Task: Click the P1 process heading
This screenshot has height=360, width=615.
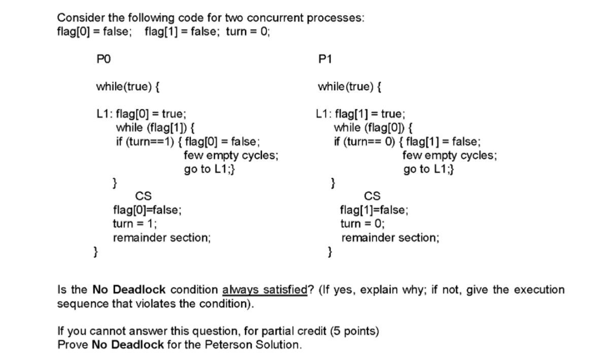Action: pos(324,59)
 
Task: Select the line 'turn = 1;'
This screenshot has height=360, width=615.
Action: pos(135,223)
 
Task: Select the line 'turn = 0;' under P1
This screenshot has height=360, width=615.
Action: pos(363,223)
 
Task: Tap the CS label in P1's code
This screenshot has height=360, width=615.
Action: pos(372,196)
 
